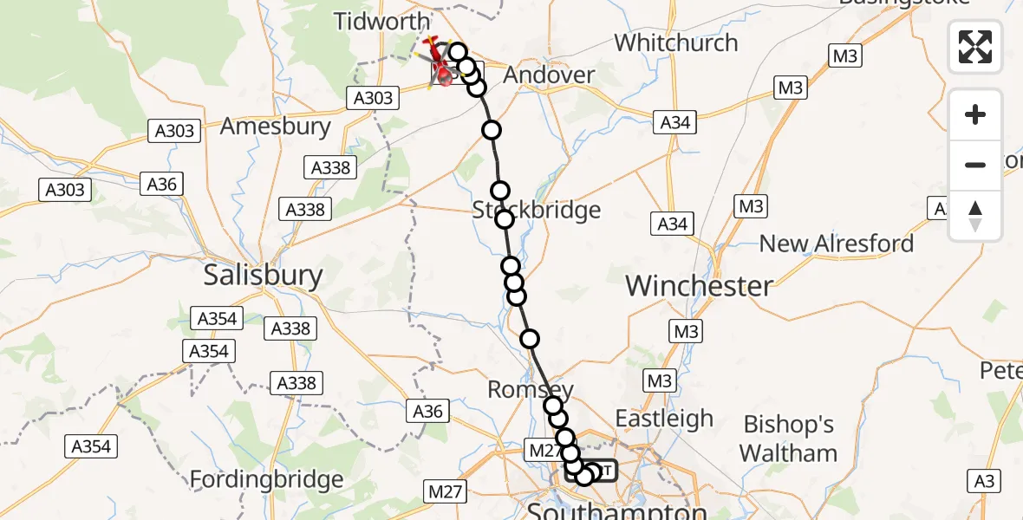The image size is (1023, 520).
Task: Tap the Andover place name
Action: coord(549,75)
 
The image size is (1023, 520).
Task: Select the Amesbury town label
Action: coord(276,127)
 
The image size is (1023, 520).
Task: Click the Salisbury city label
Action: coord(263,276)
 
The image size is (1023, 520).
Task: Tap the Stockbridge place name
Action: coord(537,210)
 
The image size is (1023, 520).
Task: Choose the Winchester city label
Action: coord(699,285)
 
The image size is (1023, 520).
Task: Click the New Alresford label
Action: coord(837,244)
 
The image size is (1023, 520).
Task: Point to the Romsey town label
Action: coord(531,390)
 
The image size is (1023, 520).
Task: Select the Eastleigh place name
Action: coord(664,419)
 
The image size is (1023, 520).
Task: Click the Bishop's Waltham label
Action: coord(789,439)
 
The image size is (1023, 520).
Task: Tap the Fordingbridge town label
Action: coord(266,479)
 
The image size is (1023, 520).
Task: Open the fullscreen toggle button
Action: coord(975,47)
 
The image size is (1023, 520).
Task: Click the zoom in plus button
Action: coord(975,114)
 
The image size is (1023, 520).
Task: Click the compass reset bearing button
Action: coord(975,216)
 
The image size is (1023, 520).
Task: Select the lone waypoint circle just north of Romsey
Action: coord(529,339)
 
